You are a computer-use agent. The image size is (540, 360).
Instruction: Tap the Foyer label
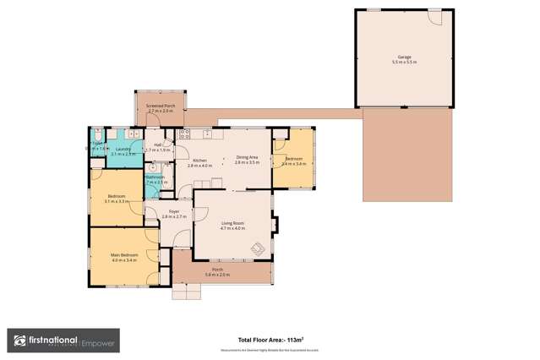click(x=173, y=211)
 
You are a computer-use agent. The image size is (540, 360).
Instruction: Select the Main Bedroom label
click(x=123, y=254)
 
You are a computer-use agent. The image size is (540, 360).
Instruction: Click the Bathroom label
click(x=155, y=177)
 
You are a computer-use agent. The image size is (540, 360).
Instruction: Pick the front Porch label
click(x=218, y=270)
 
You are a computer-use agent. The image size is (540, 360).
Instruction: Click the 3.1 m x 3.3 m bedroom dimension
click(x=117, y=202)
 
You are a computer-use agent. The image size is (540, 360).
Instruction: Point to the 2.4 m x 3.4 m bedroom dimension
click(x=293, y=164)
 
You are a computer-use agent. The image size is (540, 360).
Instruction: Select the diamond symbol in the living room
click(x=259, y=248)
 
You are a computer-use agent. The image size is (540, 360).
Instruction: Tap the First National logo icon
click(x=20, y=341)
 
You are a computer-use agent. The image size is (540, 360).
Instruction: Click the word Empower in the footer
click(x=102, y=342)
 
